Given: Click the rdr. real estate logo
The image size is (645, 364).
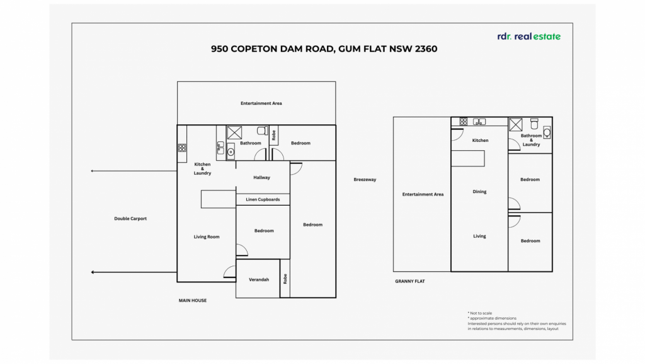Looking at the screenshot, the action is tap(528, 37).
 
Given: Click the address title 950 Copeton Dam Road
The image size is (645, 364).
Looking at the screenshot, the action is tap(324, 49).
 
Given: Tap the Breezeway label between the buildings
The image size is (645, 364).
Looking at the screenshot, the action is tap(365, 180).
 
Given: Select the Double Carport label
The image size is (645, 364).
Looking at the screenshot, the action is tap(130, 219).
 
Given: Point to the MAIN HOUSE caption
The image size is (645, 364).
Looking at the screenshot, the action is tap(193, 300).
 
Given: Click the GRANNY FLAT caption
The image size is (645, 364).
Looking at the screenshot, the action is tap(409, 281).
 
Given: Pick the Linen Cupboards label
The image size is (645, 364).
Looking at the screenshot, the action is tap(263, 200).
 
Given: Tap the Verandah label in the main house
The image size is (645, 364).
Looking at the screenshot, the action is tap(259, 279).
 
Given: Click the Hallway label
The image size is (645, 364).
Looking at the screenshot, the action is tap(261, 177).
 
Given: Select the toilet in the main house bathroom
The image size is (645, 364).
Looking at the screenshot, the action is tap(263, 131).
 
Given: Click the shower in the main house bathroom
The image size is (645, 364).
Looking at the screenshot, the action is tap(234, 132).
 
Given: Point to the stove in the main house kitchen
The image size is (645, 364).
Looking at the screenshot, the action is tap(182, 148).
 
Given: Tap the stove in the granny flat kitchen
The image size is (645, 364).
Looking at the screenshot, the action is tap(464, 122).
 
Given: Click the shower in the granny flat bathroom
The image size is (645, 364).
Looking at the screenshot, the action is tap(515, 124).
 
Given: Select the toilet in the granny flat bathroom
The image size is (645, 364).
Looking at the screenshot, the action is tap(534, 124).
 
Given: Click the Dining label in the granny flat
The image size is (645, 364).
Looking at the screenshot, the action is tap(479, 192).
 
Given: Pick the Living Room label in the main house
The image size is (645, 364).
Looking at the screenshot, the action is tap(207, 237).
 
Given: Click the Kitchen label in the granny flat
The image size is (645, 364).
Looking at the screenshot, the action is tap(480, 141).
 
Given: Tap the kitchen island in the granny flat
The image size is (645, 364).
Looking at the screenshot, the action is tap(468, 158).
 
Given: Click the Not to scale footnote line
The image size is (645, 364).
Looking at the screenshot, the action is tap(479, 314).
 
